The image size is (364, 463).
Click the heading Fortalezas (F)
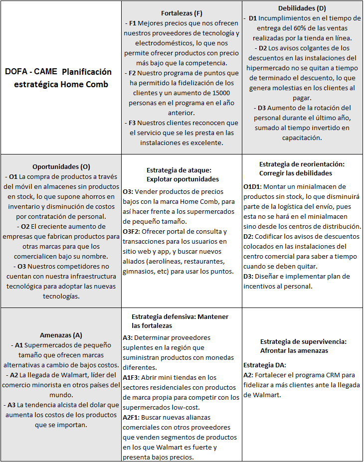pos(182,13)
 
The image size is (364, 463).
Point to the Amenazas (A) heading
pos(61,335)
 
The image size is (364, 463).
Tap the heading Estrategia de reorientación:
pos(302,164)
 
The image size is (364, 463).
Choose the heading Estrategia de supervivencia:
pos(303,341)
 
